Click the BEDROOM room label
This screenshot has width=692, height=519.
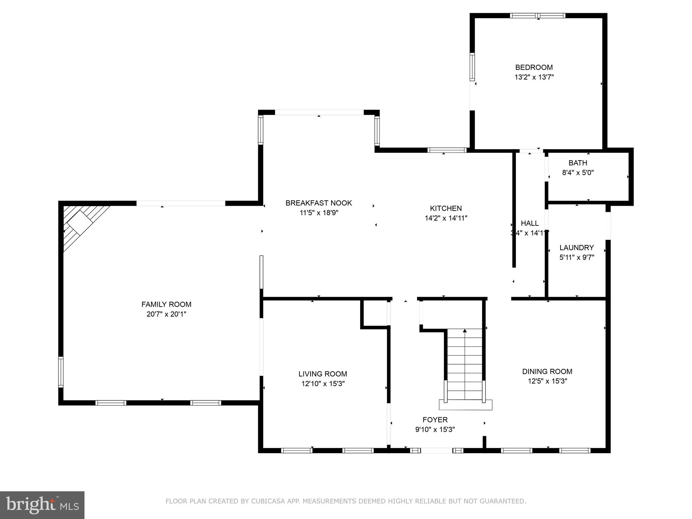[x=534, y=67]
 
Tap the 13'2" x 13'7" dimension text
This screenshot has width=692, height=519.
[x=534, y=77]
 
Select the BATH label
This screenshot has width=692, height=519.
[x=578, y=163]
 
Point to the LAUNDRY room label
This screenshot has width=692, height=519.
[x=576, y=247]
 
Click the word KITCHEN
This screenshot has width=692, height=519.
[x=446, y=208]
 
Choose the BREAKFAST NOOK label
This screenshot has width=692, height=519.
[x=319, y=203]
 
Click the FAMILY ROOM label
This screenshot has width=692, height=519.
[x=166, y=304]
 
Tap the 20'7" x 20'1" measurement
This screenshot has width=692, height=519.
[x=166, y=314]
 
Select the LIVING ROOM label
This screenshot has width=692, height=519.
[x=323, y=374]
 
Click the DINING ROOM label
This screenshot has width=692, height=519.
[x=547, y=371]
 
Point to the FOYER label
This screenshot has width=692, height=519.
[x=435, y=420]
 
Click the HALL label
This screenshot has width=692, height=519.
[x=529, y=223]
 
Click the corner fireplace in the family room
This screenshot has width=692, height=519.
[x=81, y=223]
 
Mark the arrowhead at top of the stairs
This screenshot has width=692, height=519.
[x=465, y=331]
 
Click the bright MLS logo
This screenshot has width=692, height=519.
[x=42, y=505]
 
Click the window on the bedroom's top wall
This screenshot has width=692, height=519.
[x=537, y=16]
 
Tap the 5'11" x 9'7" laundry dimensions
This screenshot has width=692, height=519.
[x=576, y=257]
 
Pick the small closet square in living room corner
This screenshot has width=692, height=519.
[x=374, y=313]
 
